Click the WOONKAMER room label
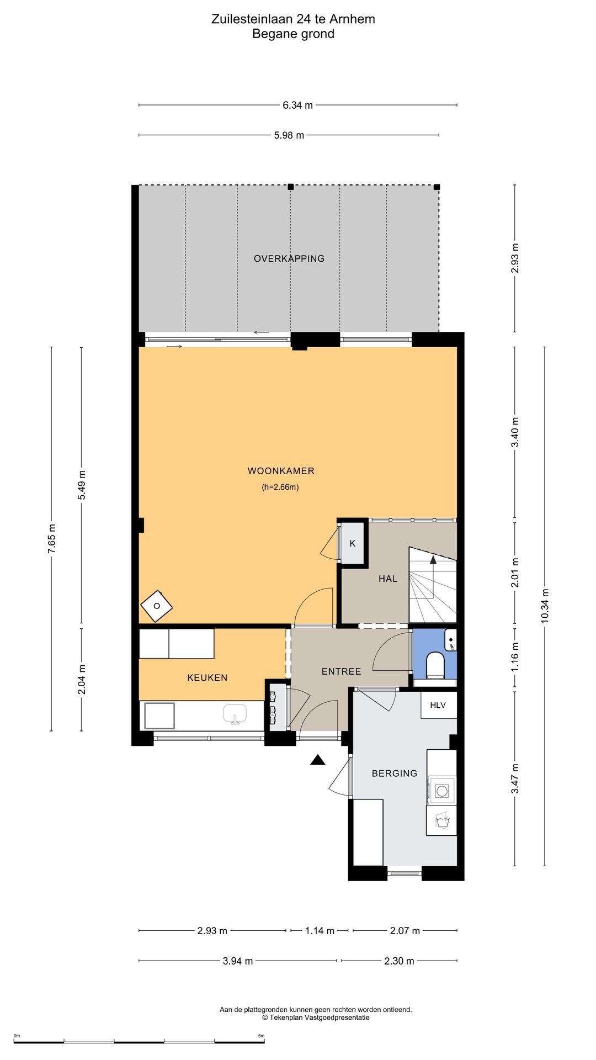281,471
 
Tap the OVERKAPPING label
289,258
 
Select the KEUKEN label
207,677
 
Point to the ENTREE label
342,671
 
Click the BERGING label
395,773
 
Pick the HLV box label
438,705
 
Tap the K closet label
353,543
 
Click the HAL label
388,579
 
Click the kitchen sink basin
235,714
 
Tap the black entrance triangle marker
317,760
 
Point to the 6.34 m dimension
298,105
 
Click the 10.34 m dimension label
545,606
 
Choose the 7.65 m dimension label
52,539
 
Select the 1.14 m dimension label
320,931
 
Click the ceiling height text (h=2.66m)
280,487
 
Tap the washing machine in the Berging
442,791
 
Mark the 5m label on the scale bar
262,1036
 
